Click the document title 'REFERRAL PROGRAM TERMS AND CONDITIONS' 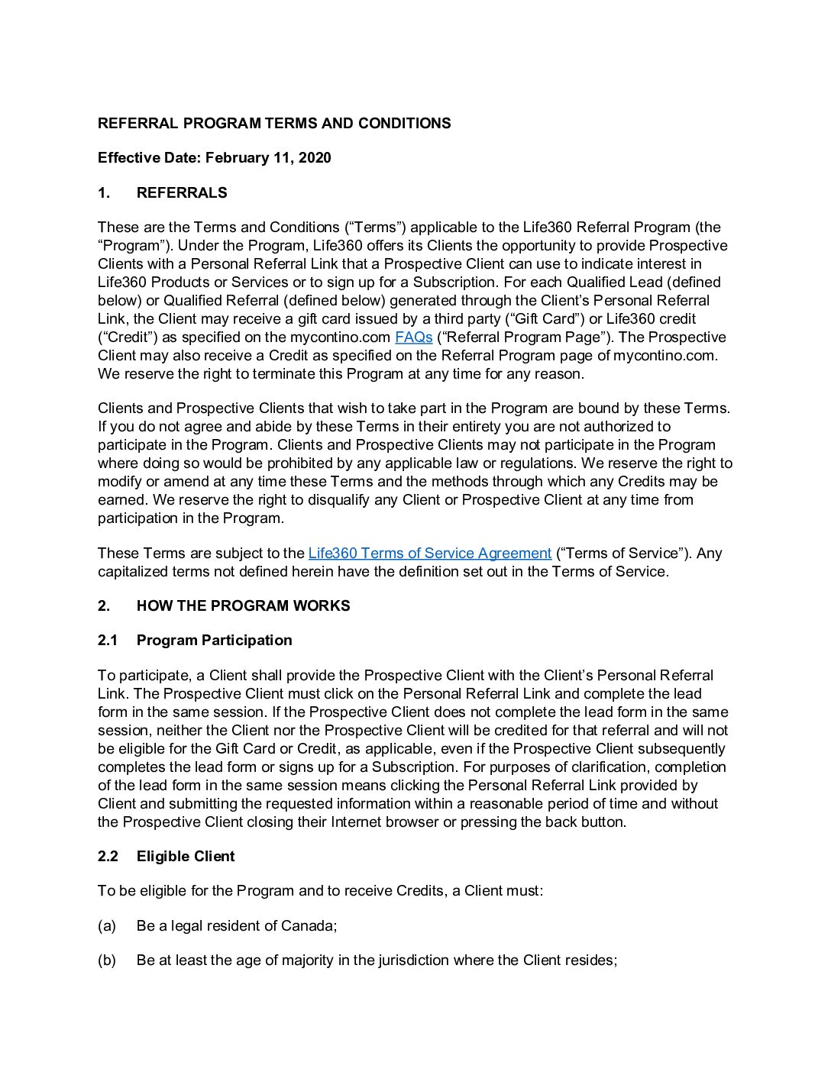click(x=274, y=124)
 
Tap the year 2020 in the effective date click(x=315, y=158)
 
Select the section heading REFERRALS click(x=182, y=193)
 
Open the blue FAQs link click(x=413, y=337)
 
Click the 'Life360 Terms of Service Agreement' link click(x=429, y=554)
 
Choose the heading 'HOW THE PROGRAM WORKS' click(x=243, y=606)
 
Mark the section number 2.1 click(x=108, y=641)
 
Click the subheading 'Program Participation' click(x=214, y=641)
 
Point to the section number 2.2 click(x=108, y=857)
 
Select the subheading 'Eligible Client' click(x=186, y=857)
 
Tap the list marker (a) click(x=107, y=926)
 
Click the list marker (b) click(x=107, y=960)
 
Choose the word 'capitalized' click(x=132, y=572)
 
